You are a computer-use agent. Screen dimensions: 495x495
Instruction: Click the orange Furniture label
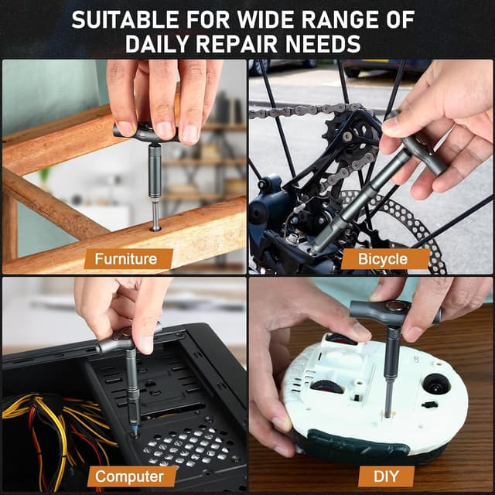pos(125,259)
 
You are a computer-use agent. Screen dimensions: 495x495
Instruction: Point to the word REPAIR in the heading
pos(255,44)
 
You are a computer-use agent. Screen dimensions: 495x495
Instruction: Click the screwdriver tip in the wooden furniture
pos(155,225)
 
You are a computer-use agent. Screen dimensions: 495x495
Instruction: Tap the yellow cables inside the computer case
pos(31,410)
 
